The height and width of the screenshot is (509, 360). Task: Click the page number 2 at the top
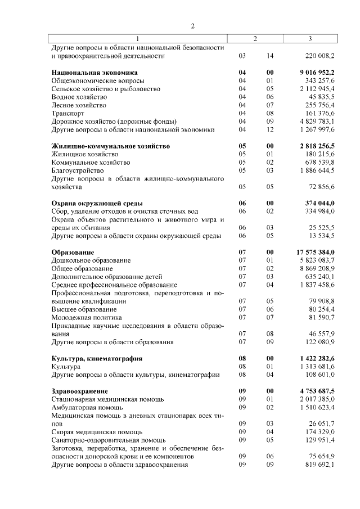(x=192, y=26)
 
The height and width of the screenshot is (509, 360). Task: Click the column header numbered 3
(x=310, y=39)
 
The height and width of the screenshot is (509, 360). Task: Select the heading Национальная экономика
(x=94, y=73)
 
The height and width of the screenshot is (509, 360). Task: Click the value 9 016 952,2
(x=313, y=73)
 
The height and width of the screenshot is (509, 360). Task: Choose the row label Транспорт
(x=67, y=113)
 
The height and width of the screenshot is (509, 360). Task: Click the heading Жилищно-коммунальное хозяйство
(x=111, y=146)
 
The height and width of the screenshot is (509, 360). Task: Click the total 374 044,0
(x=318, y=203)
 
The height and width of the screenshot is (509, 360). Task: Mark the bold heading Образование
(x=73, y=252)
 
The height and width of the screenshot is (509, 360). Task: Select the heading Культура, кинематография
(x=97, y=358)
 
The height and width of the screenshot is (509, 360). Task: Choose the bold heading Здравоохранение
(x=79, y=391)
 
